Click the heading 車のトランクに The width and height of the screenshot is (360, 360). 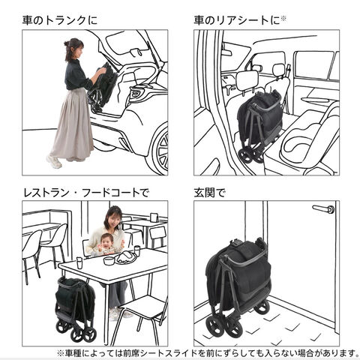click(60, 20)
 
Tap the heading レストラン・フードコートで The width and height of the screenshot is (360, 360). click(86, 193)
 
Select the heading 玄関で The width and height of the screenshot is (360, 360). click(210, 193)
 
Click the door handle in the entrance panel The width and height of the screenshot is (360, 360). click(323, 208)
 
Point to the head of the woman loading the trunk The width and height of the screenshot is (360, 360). click(74, 49)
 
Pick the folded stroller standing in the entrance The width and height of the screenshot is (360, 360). click(238, 286)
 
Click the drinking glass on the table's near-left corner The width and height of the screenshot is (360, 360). click(79, 262)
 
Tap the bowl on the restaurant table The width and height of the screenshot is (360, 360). click(109, 261)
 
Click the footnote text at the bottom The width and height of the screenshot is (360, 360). click(208, 353)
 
